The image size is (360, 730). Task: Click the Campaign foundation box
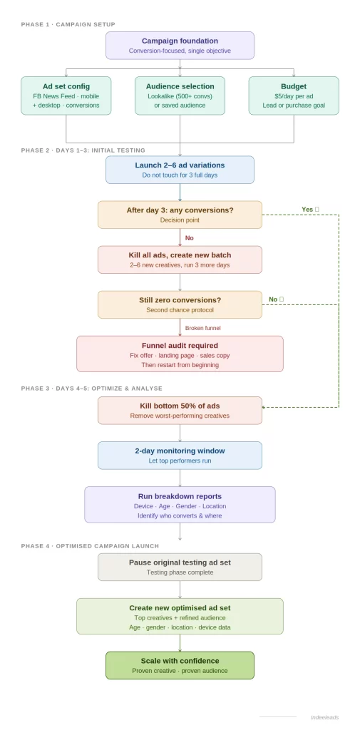180,46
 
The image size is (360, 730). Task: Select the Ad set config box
66,96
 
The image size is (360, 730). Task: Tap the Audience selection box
180,96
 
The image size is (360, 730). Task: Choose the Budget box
294,96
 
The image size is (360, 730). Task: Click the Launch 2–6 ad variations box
180,170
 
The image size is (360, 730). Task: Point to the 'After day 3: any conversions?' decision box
180,215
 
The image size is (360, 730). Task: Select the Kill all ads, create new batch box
180,259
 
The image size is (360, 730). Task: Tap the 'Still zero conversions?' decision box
180,304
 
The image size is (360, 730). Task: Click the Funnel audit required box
180,354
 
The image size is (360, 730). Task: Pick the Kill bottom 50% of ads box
180,410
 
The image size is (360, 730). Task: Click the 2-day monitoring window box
180,455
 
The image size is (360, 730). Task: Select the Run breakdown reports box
180,505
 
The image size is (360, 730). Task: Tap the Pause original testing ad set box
180,567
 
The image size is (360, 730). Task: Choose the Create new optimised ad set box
180,616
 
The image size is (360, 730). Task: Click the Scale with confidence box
180,665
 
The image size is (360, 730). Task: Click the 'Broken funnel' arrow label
202,328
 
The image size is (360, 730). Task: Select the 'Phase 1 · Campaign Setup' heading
68,24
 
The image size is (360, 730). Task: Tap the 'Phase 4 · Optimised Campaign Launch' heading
90,546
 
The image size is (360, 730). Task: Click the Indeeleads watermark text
324,717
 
